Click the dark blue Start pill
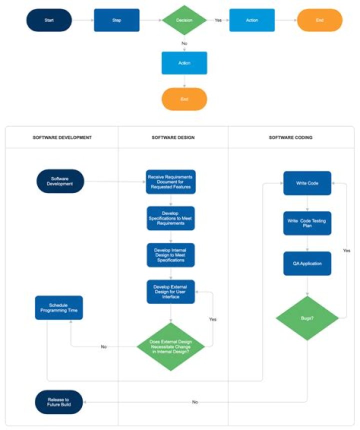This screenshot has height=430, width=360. pyautogui.click(x=49, y=20)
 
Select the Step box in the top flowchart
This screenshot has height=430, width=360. pyautogui.click(x=116, y=20)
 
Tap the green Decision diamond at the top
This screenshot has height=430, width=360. pyautogui.click(x=184, y=20)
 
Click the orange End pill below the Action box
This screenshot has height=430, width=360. pyautogui.click(x=184, y=99)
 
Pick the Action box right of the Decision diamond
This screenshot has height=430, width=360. pyautogui.click(x=252, y=20)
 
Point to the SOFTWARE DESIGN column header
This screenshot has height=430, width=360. pyautogui.click(x=173, y=137)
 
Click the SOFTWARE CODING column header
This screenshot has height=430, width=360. pyautogui.click(x=290, y=137)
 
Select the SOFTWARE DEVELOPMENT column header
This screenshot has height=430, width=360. pyautogui.click(x=62, y=137)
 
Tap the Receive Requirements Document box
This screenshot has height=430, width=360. pyautogui.click(x=170, y=182)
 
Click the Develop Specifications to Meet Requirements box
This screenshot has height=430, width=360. pyautogui.click(x=170, y=218)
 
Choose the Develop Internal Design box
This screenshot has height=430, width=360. pyautogui.click(x=170, y=255)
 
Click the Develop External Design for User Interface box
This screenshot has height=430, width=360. pyautogui.click(x=170, y=291)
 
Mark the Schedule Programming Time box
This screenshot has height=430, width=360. pyautogui.click(x=58, y=307)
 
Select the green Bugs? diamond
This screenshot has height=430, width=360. pyautogui.click(x=307, y=318)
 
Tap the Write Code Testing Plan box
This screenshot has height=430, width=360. pyautogui.click(x=307, y=223)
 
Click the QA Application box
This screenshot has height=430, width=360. pyautogui.click(x=307, y=263)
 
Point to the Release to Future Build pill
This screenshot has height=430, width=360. pyautogui.click(x=58, y=402)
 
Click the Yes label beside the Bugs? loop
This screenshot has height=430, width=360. pyautogui.click(x=346, y=250)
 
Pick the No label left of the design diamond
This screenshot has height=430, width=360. pyautogui.click(x=103, y=346)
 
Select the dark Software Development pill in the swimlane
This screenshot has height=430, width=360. pyautogui.click(x=60, y=181)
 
